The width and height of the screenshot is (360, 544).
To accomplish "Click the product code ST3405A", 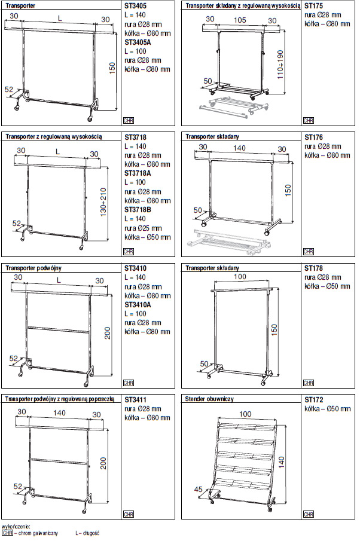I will [138, 43].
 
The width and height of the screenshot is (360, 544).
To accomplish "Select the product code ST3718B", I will [138, 210].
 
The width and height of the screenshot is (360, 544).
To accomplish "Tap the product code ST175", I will [313, 6].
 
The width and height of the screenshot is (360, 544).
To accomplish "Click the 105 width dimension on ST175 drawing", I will [239, 20].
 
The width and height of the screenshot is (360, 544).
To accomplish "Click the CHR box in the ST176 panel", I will [308, 251].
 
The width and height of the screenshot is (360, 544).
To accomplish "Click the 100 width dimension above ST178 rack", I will [239, 277].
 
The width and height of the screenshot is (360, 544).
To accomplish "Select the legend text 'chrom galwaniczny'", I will [37, 532].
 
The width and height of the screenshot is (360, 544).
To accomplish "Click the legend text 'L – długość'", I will [87, 532].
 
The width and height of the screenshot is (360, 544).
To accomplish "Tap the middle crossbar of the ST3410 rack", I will [59, 328].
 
